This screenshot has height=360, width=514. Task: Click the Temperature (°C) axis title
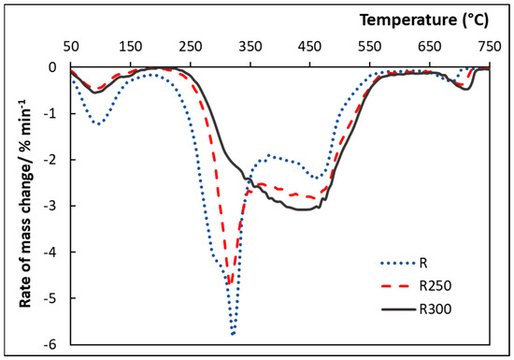tap(424, 21)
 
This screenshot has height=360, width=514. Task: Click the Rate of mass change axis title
tap(25, 202)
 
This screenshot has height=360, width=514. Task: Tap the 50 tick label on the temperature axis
tap(71, 47)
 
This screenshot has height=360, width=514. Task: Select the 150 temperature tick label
tap(131, 47)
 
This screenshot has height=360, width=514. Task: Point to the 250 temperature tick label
tap(191, 47)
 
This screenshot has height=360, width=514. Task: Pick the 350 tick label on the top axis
tap(250, 47)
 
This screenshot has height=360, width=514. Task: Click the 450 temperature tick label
tap(309, 47)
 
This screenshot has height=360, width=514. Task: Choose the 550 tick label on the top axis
tap(370, 47)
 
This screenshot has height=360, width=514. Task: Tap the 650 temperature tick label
tap(430, 47)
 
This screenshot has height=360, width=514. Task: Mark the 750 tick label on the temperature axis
tap(489, 47)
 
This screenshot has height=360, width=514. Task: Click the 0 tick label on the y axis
tap(52, 67)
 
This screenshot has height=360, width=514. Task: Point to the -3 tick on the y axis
tap(50, 206)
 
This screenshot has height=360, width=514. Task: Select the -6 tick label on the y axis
tap(50, 345)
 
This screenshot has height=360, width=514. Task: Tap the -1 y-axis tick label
tap(50, 114)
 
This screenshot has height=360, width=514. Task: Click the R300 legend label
tap(435, 310)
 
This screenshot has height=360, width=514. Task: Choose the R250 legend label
tap(435, 286)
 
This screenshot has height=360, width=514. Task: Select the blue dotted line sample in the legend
tap(398, 263)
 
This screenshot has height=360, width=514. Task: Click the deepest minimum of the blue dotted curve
tap(233, 334)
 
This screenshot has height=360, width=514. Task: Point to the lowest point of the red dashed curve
tap(230, 282)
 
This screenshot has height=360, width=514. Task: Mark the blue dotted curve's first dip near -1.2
tap(98, 123)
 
